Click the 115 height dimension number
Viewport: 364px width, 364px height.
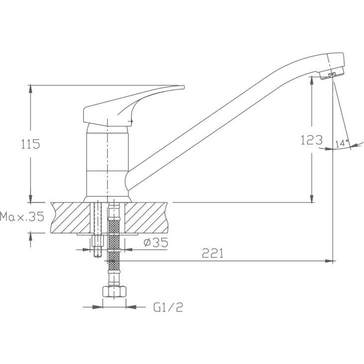pos(30,144)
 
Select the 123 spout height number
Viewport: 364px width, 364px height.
pos(312,140)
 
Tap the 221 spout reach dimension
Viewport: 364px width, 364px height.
pos(213,253)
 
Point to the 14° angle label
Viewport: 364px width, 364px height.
pos(342,144)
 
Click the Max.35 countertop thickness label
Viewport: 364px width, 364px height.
pos(22,217)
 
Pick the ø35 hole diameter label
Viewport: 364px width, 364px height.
pos(156,243)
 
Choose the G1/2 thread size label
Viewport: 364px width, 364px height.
pos(168,307)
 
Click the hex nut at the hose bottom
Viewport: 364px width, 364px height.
pos(114,292)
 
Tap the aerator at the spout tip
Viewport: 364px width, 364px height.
pos(331,72)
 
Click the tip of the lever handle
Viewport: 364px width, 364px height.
pos(183,87)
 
